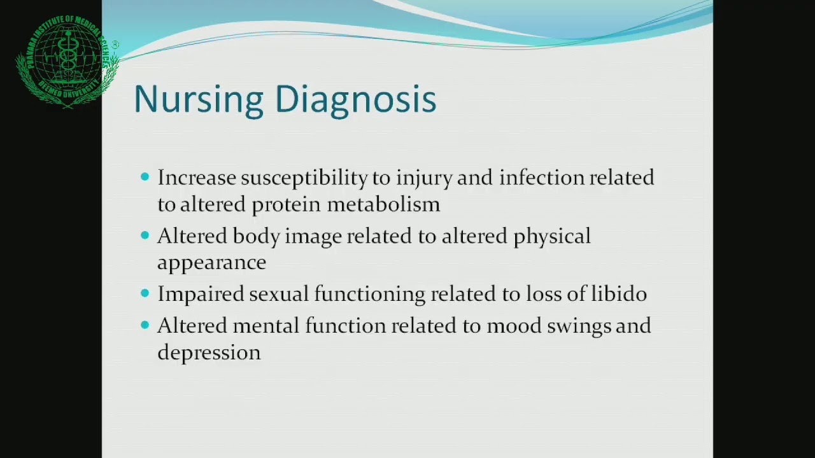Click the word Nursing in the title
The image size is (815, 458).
coord(199,100)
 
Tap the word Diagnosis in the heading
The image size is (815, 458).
coord(356,100)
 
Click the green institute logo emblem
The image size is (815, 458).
coord(67,62)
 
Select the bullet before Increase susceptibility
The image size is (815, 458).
coord(145,177)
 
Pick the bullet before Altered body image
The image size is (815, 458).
coord(145,235)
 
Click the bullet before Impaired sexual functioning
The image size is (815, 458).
coord(145,293)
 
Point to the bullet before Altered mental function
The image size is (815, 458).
coord(145,324)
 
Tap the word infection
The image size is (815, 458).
coord(541,177)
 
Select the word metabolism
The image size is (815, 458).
coord(384,204)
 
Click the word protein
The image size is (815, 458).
coord(287,205)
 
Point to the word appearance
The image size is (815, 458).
coord(212,263)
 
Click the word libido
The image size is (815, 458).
coord(618,293)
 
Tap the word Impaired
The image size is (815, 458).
coord(201,295)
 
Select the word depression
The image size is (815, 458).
coord(209,353)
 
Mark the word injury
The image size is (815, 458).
coord(424,179)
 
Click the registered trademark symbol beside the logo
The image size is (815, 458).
coord(115,45)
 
